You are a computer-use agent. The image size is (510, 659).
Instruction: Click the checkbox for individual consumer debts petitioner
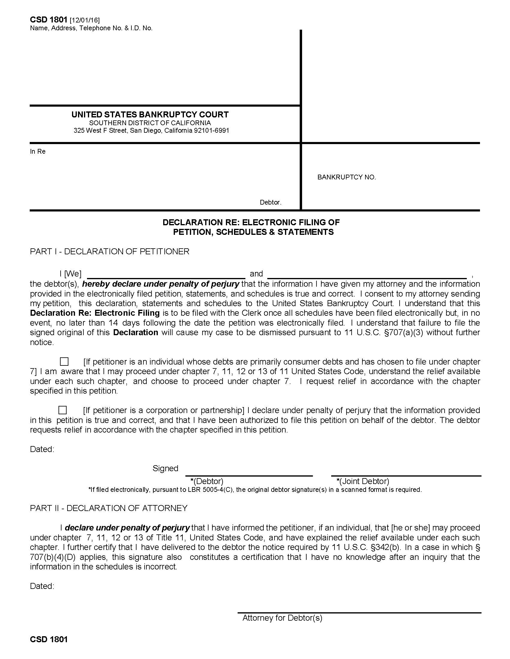pyautogui.click(x=64, y=361)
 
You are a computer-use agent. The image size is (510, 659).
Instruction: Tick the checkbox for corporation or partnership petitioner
pyautogui.click(x=63, y=410)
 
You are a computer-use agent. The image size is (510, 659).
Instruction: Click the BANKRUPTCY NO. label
pyautogui.click(x=346, y=177)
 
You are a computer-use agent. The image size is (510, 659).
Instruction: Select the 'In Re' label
pyautogui.click(x=38, y=152)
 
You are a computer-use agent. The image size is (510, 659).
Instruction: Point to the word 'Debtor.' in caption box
pyautogui.click(x=270, y=202)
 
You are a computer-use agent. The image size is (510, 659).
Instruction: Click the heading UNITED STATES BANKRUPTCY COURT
pyautogui.click(x=150, y=115)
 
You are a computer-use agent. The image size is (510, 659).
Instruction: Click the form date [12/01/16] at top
pyautogui.click(x=85, y=20)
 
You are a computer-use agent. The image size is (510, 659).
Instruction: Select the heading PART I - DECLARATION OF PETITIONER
pyautogui.click(x=109, y=251)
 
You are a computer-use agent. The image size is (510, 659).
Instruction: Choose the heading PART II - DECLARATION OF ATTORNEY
pyautogui.click(x=109, y=508)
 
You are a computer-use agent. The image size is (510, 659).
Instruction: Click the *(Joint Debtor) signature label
pyautogui.click(x=363, y=481)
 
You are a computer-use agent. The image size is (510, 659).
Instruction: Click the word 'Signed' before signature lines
pyautogui.click(x=165, y=468)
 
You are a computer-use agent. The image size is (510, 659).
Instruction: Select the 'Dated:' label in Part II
pyautogui.click(x=42, y=586)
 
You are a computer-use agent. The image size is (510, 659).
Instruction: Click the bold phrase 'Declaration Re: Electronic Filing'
pyautogui.click(x=94, y=313)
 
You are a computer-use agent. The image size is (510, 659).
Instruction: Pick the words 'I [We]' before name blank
pyautogui.click(x=70, y=274)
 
